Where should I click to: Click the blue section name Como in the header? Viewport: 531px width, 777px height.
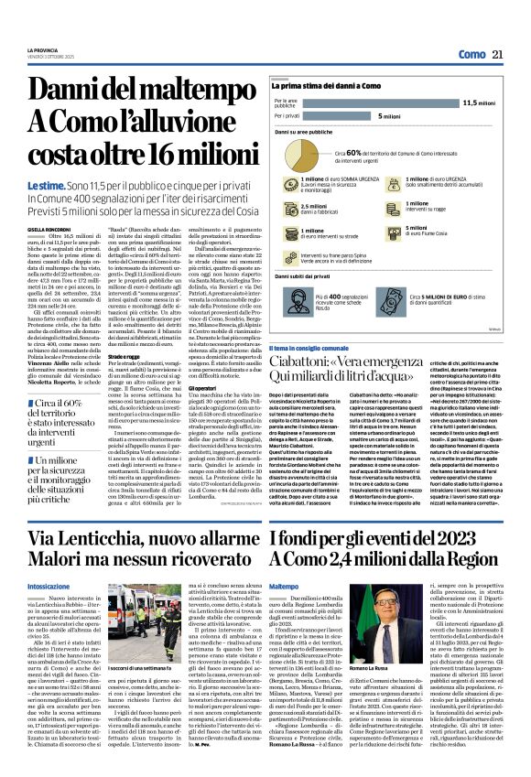(471, 55)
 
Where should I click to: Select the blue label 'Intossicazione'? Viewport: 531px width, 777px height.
(49, 585)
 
